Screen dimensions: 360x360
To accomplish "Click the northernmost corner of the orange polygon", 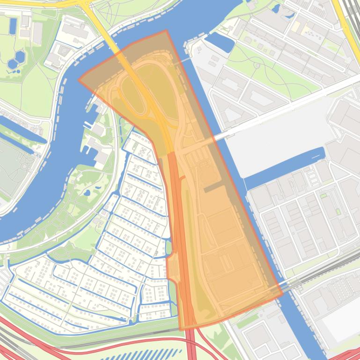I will [x=166, y=31].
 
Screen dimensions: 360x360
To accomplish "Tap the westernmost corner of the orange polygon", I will [x=79, y=80].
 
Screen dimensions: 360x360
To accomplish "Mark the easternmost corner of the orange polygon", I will [x=282, y=295].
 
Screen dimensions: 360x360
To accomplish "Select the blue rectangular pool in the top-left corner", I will [x=12, y=26].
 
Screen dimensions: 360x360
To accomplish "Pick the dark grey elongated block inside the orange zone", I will [x=214, y=187].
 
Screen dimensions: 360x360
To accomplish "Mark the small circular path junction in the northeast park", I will [x=257, y=66].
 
